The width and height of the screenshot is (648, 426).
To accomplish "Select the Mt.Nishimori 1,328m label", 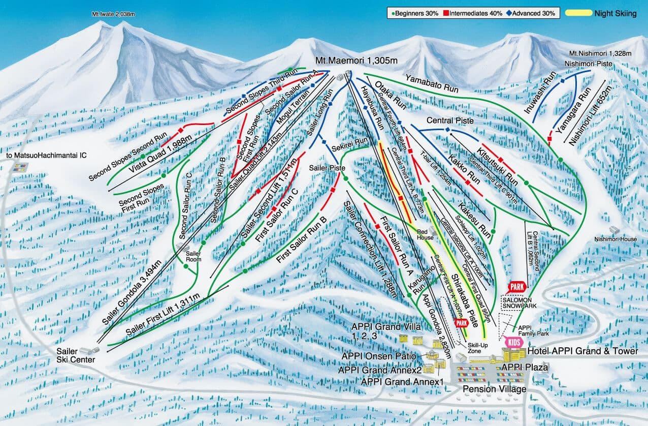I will pyautogui.click(x=600, y=53).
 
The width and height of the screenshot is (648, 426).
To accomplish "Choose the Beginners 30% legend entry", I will pyautogui.click(x=415, y=13).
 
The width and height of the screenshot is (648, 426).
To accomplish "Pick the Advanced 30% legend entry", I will pyautogui.click(x=531, y=13).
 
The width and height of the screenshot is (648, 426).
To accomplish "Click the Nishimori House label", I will pyautogui.click(x=615, y=239).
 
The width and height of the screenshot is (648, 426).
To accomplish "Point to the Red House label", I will pyautogui.click(x=425, y=234).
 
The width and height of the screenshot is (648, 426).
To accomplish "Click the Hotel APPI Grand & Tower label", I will pyautogui.click(x=582, y=351).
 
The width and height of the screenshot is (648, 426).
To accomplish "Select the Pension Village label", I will pyautogui.click(x=494, y=389).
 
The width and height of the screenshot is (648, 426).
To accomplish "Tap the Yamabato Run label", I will pyautogui.click(x=432, y=83).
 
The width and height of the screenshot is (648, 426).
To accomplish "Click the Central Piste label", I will pyautogui.click(x=449, y=121).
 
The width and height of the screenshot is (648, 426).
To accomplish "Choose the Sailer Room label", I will pyautogui.click(x=193, y=256).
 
